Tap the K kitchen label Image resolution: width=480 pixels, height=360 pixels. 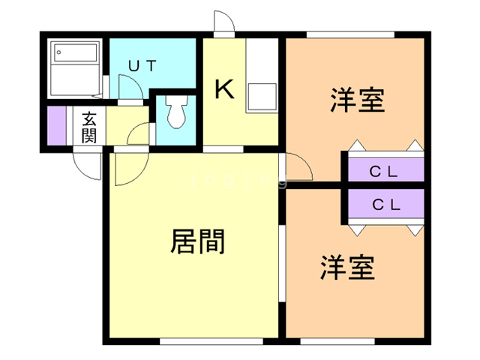[225, 89]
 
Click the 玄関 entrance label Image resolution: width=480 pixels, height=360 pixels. [89, 126]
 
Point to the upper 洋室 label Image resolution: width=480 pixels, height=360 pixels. [357, 100]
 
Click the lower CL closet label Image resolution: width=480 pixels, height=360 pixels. [385, 203]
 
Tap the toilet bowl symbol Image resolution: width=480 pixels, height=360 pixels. [177, 113]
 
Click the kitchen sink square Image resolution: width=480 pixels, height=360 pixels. [262, 98]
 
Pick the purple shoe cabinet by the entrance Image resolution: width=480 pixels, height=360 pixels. [57, 126]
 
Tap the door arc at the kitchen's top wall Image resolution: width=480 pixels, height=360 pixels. [223, 22]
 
